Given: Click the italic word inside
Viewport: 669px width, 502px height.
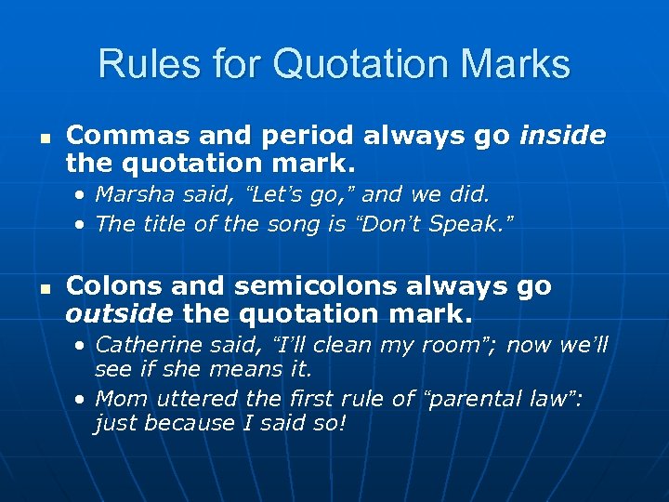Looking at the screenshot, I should tap(563, 136).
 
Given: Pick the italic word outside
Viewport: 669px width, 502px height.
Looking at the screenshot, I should tap(120, 315).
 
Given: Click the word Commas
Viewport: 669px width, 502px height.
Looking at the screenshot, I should tap(118, 136).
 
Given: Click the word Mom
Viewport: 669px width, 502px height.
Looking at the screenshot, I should tap(117, 400).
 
